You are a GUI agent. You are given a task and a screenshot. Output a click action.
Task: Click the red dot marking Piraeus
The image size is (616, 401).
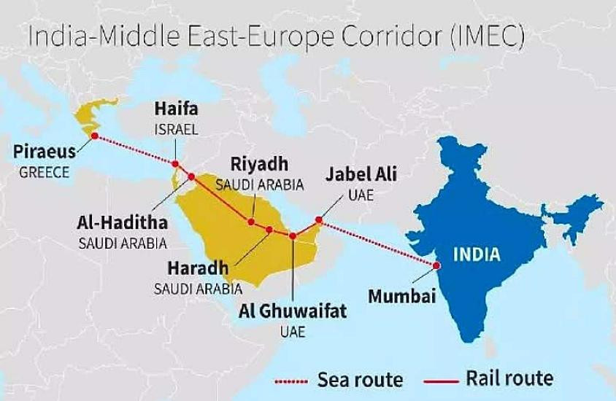click(93, 136)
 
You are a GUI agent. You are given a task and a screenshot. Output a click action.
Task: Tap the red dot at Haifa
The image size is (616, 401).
click(175, 164)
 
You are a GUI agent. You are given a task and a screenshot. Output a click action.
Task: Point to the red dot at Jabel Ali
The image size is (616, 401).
click(319, 219)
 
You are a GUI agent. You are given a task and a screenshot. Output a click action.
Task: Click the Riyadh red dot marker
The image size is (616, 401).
click(251, 222)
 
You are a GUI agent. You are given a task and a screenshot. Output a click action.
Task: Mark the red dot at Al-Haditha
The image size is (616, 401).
click(191, 176)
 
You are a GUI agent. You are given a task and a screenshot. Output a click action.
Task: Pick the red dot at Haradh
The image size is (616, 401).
click(269, 230)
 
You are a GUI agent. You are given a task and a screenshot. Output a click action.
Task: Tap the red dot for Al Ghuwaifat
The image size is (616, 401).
click(293, 235)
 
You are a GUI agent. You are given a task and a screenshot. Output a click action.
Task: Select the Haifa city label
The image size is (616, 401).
click(175, 109)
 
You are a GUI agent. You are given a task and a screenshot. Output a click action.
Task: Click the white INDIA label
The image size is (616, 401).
click(477, 254)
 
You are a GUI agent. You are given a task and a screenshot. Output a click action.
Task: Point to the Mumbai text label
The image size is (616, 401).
click(401, 296)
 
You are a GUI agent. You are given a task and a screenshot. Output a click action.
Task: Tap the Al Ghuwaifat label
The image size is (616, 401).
click(293, 313)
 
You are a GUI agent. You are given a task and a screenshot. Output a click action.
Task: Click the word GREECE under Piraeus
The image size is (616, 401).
click(44, 173)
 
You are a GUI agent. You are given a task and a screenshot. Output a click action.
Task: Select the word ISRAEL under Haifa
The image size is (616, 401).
click(175, 128)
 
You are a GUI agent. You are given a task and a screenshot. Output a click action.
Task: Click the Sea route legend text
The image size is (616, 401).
click(360, 379)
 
